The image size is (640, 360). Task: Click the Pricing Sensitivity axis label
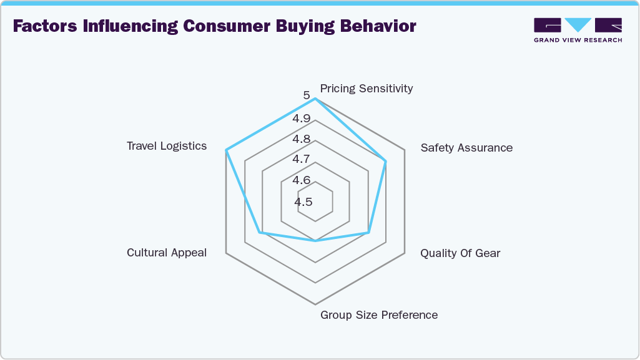click(x=367, y=89)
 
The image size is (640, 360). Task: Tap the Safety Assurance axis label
click(x=466, y=148)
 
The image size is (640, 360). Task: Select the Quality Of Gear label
click(x=460, y=253)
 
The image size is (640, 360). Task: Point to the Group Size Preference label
click(x=379, y=314)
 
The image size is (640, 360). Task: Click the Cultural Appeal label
click(x=167, y=253)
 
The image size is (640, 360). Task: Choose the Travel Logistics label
click(x=167, y=146)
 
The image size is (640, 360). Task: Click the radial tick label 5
click(x=306, y=95)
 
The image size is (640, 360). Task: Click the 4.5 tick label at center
click(x=304, y=202)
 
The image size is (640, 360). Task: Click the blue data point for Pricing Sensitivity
click(x=315, y=99)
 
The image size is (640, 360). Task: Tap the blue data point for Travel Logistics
click(x=226, y=150)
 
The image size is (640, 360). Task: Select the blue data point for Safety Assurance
click(x=386, y=162)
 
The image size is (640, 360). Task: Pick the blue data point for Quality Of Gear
click(x=368, y=233)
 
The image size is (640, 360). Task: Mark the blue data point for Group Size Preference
click(x=315, y=241)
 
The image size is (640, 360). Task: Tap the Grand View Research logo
click(x=578, y=30)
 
